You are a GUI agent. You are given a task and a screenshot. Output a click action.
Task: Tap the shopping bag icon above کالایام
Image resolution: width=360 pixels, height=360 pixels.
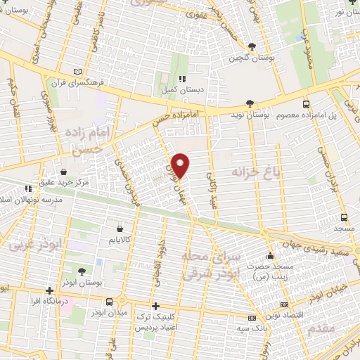[120, 229]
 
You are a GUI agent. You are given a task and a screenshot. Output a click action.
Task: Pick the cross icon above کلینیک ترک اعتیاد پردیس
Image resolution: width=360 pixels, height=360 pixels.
[155, 307]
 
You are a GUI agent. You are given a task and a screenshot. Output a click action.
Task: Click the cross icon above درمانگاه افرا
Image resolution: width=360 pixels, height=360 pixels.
[49, 290]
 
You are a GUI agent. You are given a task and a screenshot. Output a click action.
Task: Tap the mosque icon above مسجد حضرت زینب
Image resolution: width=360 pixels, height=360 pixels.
[270, 255]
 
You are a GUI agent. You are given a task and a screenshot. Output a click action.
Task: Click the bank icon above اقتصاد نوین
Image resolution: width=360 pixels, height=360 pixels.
[285, 304]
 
